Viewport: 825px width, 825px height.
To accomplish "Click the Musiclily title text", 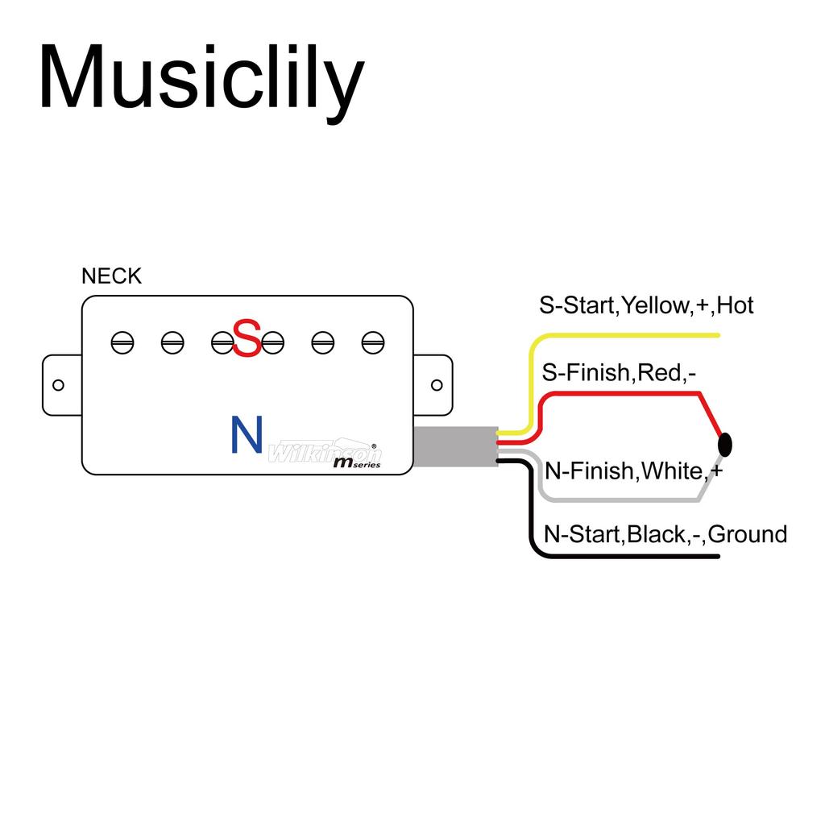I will pos(201,79).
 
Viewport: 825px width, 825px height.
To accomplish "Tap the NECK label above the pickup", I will pos(111,276).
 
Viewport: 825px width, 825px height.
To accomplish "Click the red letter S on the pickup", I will pos(247,338).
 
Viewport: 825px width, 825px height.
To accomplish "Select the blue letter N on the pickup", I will pos(247,434).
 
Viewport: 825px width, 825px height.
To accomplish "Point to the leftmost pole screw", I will pos(122,342).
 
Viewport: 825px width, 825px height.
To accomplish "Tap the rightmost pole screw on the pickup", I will pos(372,342).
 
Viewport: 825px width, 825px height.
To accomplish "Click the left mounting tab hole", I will pos(58,385).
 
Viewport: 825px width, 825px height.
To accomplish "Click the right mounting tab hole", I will pos(437,385).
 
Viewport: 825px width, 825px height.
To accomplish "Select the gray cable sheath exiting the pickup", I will pos(454,446).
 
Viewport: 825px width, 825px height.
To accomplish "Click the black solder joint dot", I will pos(725,443).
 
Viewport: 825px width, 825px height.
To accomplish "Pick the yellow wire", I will pos(628,335).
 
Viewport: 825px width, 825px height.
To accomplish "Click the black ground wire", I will pos(628,556).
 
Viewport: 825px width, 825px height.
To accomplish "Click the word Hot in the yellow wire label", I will pos(735,305).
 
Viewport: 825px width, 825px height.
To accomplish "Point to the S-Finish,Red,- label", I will pos(618,372).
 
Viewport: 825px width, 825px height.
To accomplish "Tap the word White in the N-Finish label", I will pos(670,471).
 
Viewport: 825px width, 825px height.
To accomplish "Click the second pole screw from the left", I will pos(172,342).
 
